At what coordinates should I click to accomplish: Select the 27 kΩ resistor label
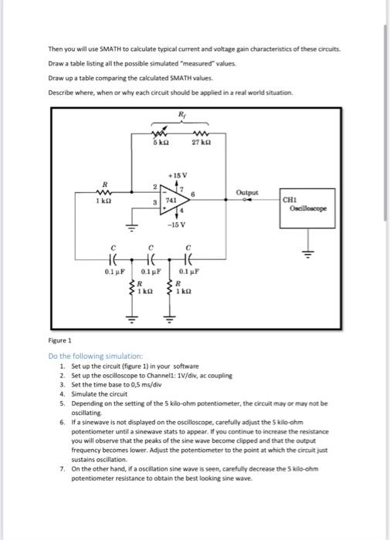[x=201, y=144]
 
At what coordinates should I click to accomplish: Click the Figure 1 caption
[x=59, y=339]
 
